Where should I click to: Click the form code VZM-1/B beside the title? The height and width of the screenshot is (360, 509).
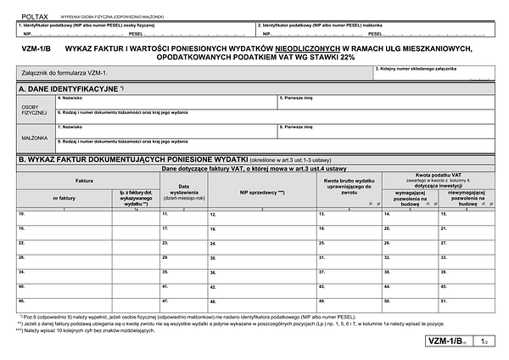(36, 48)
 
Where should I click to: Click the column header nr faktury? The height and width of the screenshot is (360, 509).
(63, 197)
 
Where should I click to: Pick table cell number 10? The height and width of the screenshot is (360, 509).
(64, 218)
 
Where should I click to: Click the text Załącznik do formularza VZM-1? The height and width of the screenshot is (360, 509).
(64, 75)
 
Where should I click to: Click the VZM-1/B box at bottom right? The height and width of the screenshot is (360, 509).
(448, 340)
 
